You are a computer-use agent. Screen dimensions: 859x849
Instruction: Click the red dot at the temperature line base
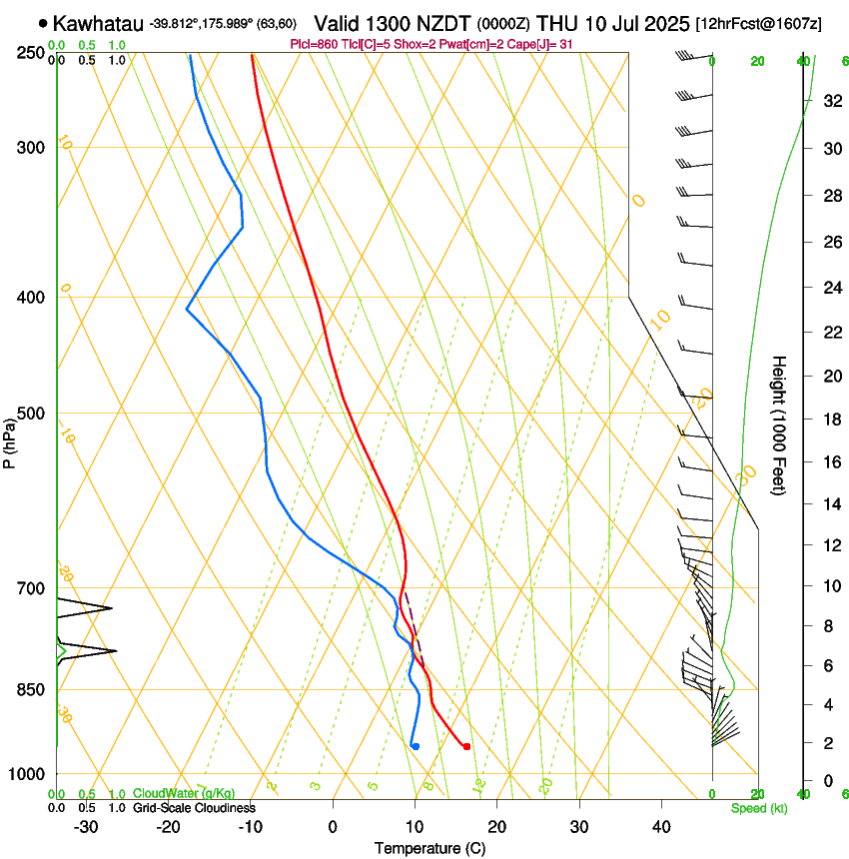click(466, 746)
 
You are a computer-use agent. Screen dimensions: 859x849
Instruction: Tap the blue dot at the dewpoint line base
click(416, 746)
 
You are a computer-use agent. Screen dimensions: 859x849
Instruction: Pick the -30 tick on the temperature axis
click(86, 826)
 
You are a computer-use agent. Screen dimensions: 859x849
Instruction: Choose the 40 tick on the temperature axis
click(661, 826)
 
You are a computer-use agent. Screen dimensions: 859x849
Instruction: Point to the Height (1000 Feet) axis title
click(780, 425)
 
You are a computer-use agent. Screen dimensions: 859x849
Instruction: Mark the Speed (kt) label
click(758, 808)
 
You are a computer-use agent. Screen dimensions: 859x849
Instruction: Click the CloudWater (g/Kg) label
click(185, 794)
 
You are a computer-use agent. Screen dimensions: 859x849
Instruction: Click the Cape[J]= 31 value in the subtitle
click(539, 44)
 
